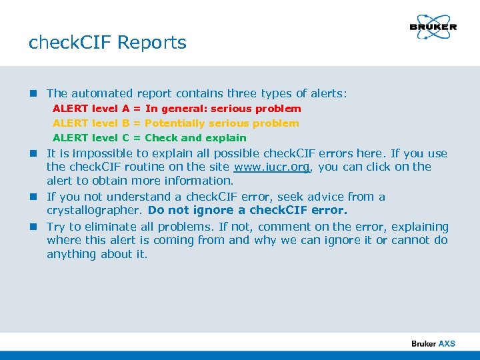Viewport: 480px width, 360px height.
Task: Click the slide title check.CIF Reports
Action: coord(107,43)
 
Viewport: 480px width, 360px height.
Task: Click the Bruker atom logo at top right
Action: coord(433,27)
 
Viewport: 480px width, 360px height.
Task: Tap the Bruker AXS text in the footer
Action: coord(433,343)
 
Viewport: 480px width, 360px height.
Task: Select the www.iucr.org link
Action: coord(271,167)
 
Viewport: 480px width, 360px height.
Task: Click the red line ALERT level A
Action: coord(177,109)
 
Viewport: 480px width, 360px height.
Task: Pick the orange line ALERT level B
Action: coord(175,123)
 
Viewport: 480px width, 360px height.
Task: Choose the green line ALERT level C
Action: coord(149,138)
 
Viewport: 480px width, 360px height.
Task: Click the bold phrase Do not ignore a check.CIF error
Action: coord(247,210)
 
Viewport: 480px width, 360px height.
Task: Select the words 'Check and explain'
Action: coord(195,138)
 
